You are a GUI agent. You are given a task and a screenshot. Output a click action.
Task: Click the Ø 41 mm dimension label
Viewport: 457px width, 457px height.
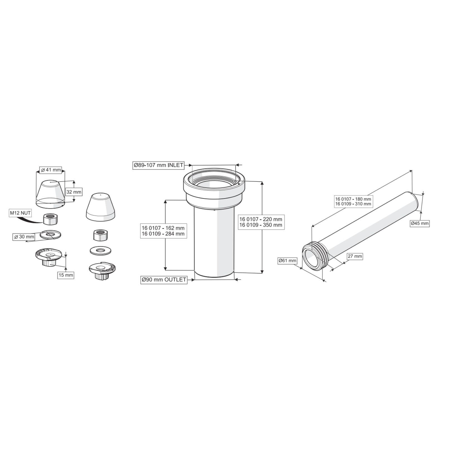pos(51,170)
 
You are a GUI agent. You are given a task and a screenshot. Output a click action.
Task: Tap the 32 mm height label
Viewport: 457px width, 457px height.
pos(74,192)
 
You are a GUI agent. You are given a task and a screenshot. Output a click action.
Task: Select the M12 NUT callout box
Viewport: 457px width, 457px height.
pos(20,213)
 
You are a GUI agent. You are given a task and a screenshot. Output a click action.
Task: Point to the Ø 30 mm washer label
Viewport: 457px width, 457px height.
pos(24,237)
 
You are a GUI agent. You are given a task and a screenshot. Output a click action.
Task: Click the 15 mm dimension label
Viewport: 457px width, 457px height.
pos(66,275)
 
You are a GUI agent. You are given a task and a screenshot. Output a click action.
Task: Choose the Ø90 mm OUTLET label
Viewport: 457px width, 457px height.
pos(164,280)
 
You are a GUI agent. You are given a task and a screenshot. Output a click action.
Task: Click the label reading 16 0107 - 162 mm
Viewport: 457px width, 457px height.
pos(163,228)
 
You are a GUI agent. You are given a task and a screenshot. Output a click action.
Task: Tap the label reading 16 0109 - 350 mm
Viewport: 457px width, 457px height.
pos(261,225)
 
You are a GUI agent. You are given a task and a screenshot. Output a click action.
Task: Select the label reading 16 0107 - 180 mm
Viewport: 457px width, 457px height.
pos(353,199)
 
